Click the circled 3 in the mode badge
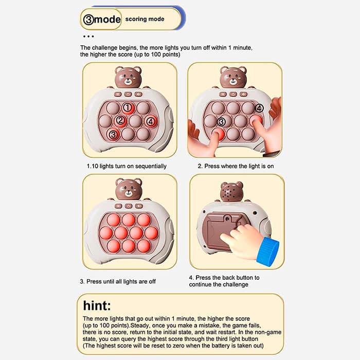tap(88, 20)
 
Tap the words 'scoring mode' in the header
tap(145, 19)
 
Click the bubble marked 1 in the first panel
tap(128, 107)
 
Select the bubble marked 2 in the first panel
tap(120, 120)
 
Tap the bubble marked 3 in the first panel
tap(113, 134)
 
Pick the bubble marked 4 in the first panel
tap(151, 121)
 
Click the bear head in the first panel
tap(128, 77)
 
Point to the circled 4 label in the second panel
tap(259, 108)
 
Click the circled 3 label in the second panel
tap(221, 122)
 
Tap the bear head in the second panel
tap(233, 77)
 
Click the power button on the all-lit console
tap(129, 206)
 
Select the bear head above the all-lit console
tap(129, 189)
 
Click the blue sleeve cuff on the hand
tap(268, 251)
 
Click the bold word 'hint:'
tap(97, 306)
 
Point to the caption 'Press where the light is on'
tap(239, 166)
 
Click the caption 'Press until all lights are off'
tap(121, 281)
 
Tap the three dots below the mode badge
tap(88, 37)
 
